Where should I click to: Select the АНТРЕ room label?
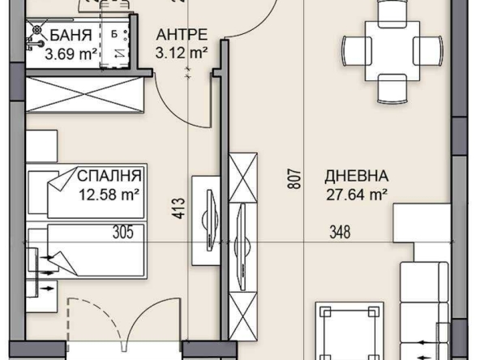point(182,34)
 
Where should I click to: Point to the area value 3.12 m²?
point(182,54)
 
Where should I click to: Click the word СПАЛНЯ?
point(110,175)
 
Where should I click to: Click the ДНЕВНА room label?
point(357,175)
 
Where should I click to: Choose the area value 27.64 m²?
point(357,194)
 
